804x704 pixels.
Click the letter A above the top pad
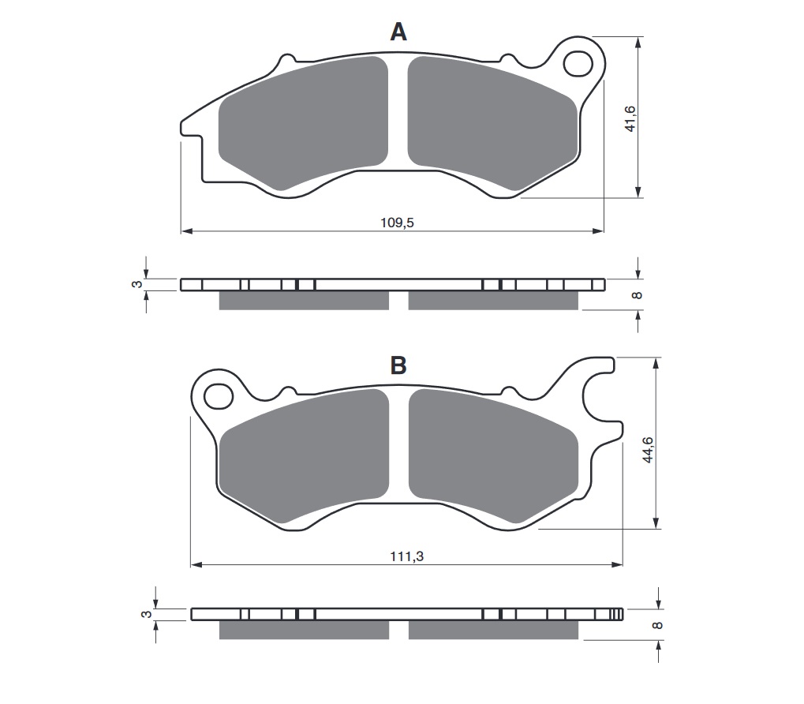tap(398, 32)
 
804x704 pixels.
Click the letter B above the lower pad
tap(398, 365)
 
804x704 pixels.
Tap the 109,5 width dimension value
tap(397, 223)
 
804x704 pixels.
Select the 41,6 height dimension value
tap(630, 118)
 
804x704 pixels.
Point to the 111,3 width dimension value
tap(406, 556)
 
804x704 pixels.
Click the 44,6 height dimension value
tap(648, 450)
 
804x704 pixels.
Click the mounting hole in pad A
tap(578, 64)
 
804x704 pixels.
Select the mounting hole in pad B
tap(219, 396)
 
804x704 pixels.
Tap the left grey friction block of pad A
tap(303, 123)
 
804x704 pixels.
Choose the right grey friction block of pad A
tap(492, 123)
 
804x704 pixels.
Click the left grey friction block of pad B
tap(304, 456)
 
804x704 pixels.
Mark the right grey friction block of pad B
tap(493, 456)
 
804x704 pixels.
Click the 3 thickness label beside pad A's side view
tap(137, 284)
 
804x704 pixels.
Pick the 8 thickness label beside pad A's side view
tap(638, 295)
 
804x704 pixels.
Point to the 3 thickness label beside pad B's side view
tap(147, 614)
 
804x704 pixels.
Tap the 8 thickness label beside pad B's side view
tap(656, 625)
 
